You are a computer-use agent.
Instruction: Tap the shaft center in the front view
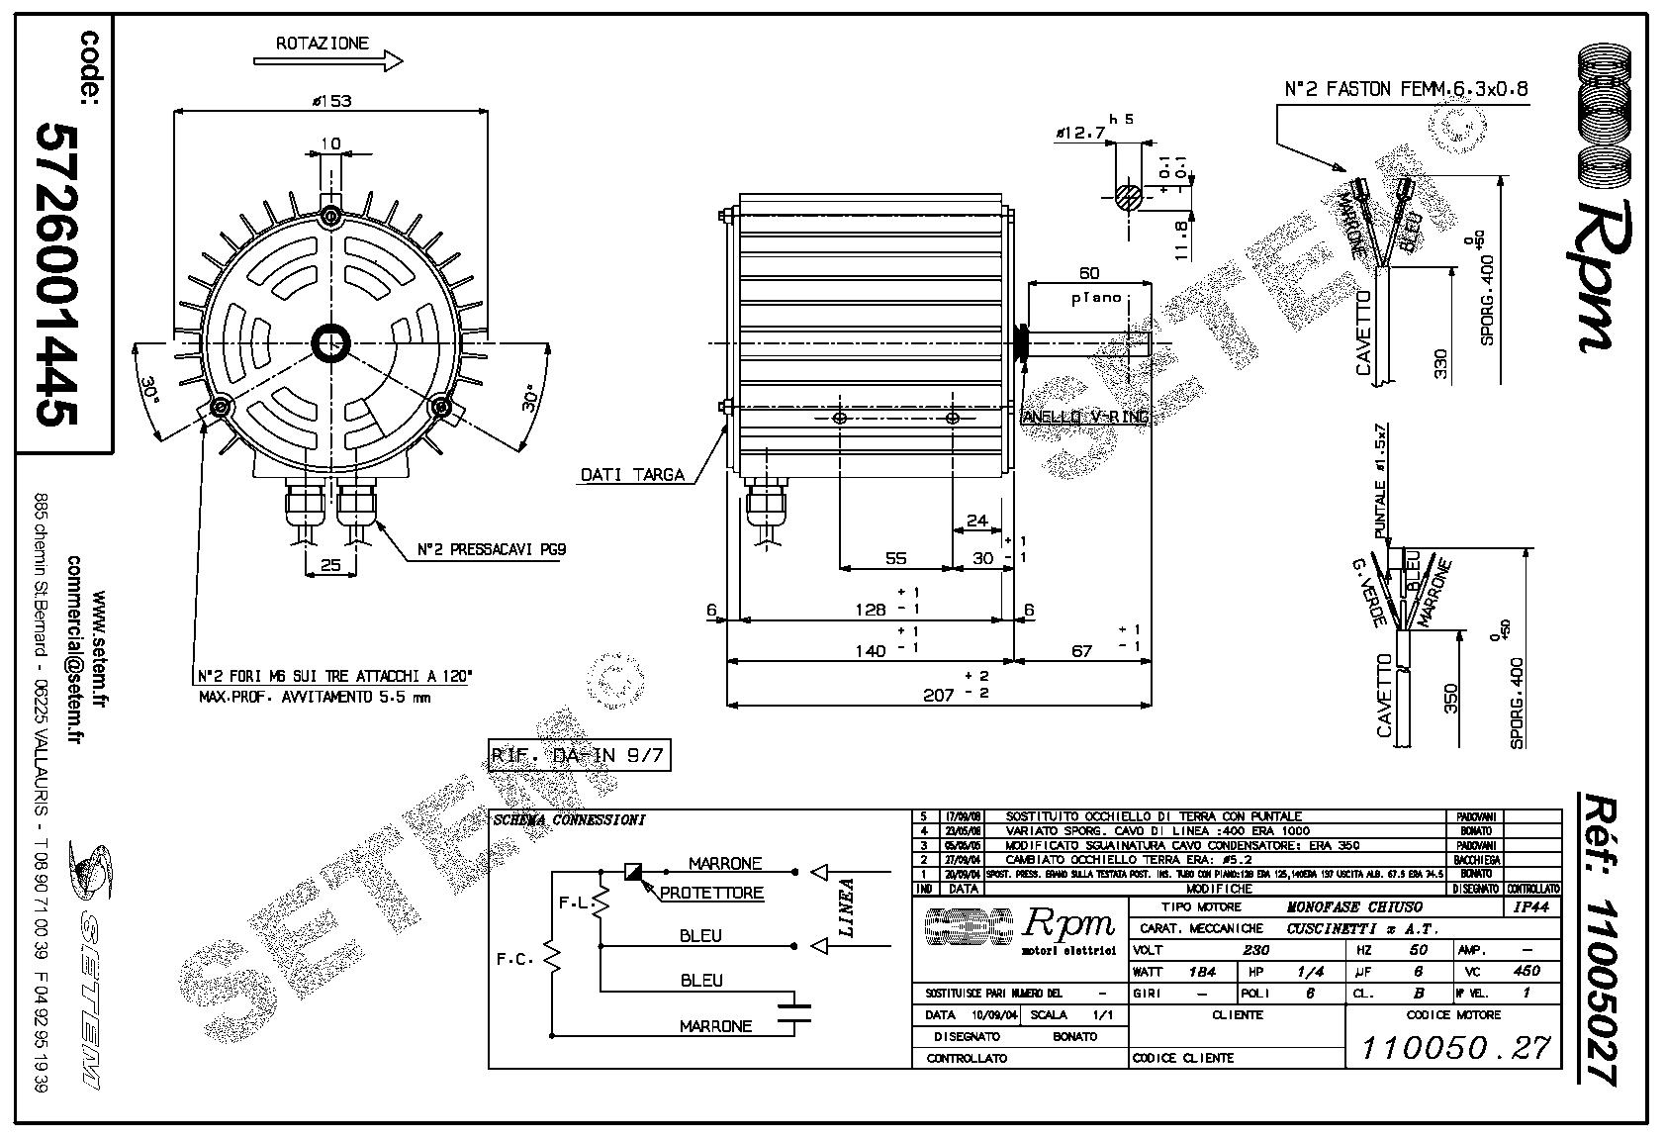pyautogui.click(x=330, y=343)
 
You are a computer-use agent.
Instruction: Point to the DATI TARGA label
pyautogui.click(x=632, y=475)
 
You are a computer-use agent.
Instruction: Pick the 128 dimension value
pyautogui.click(x=871, y=610)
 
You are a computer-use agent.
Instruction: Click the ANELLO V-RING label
pyautogui.click(x=1084, y=417)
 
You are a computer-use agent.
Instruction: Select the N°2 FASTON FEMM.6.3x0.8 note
pyautogui.click(x=1405, y=89)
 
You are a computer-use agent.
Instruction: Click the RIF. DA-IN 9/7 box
pyautogui.click(x=580, y=756)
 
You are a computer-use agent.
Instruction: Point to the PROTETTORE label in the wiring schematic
pyautogui.click(x=711, y=893)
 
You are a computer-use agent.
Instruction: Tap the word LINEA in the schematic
pyautogui.click(x=847, y=907)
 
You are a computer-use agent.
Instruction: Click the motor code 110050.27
pyautogui.click(x=1454, y=1047)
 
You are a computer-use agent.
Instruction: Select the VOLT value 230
pyautogui.click(x=1255, y=950)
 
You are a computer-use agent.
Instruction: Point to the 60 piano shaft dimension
pyautogui.click(x=1088, y=273)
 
